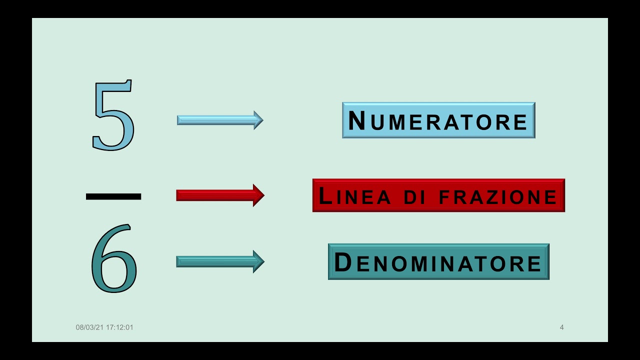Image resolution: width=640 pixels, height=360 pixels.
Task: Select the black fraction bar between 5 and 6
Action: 113,196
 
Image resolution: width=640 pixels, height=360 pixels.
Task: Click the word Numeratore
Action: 438,120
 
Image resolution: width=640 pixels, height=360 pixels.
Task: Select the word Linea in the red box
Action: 354,196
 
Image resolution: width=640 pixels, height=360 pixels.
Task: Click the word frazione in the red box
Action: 497,196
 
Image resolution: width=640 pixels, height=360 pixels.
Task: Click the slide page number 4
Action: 561,327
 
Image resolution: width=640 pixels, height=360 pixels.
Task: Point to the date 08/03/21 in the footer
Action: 89,327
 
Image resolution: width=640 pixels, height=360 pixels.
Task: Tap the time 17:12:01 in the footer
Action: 119,327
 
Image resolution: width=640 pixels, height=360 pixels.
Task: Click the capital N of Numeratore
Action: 357,120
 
